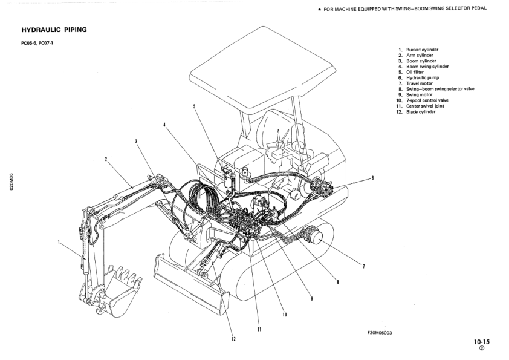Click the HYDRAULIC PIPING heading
(x=54, y=29)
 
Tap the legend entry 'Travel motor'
(x=420, y=83)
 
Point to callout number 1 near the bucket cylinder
(x=59, y=242)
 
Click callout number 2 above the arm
(x=106, y=160)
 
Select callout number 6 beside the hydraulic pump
(x=372, y=178)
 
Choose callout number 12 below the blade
(x=233, y=339)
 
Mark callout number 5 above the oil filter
(x=194, y=106)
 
